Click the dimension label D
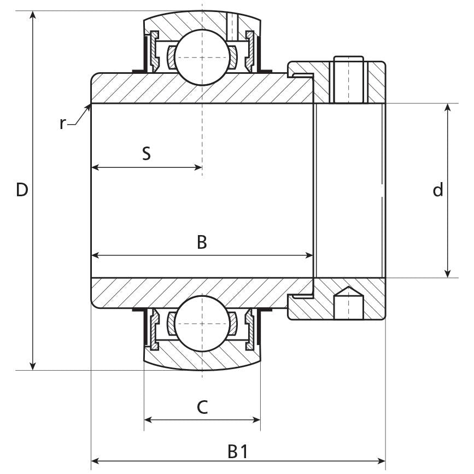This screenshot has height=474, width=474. pos(21,190)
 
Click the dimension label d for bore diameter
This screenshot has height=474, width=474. pos(438,190)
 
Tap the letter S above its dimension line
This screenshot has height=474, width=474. pos(146,154)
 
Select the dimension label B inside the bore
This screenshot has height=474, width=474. pos(202,242)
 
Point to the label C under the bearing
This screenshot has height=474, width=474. pos(202,407)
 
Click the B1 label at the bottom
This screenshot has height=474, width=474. pos(237,452)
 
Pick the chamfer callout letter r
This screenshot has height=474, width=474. pos(62,124)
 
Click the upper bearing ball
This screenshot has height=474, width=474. pos(202,57)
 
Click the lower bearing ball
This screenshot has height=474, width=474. pos(202,323)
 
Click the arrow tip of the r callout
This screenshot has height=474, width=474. pos(89,106)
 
